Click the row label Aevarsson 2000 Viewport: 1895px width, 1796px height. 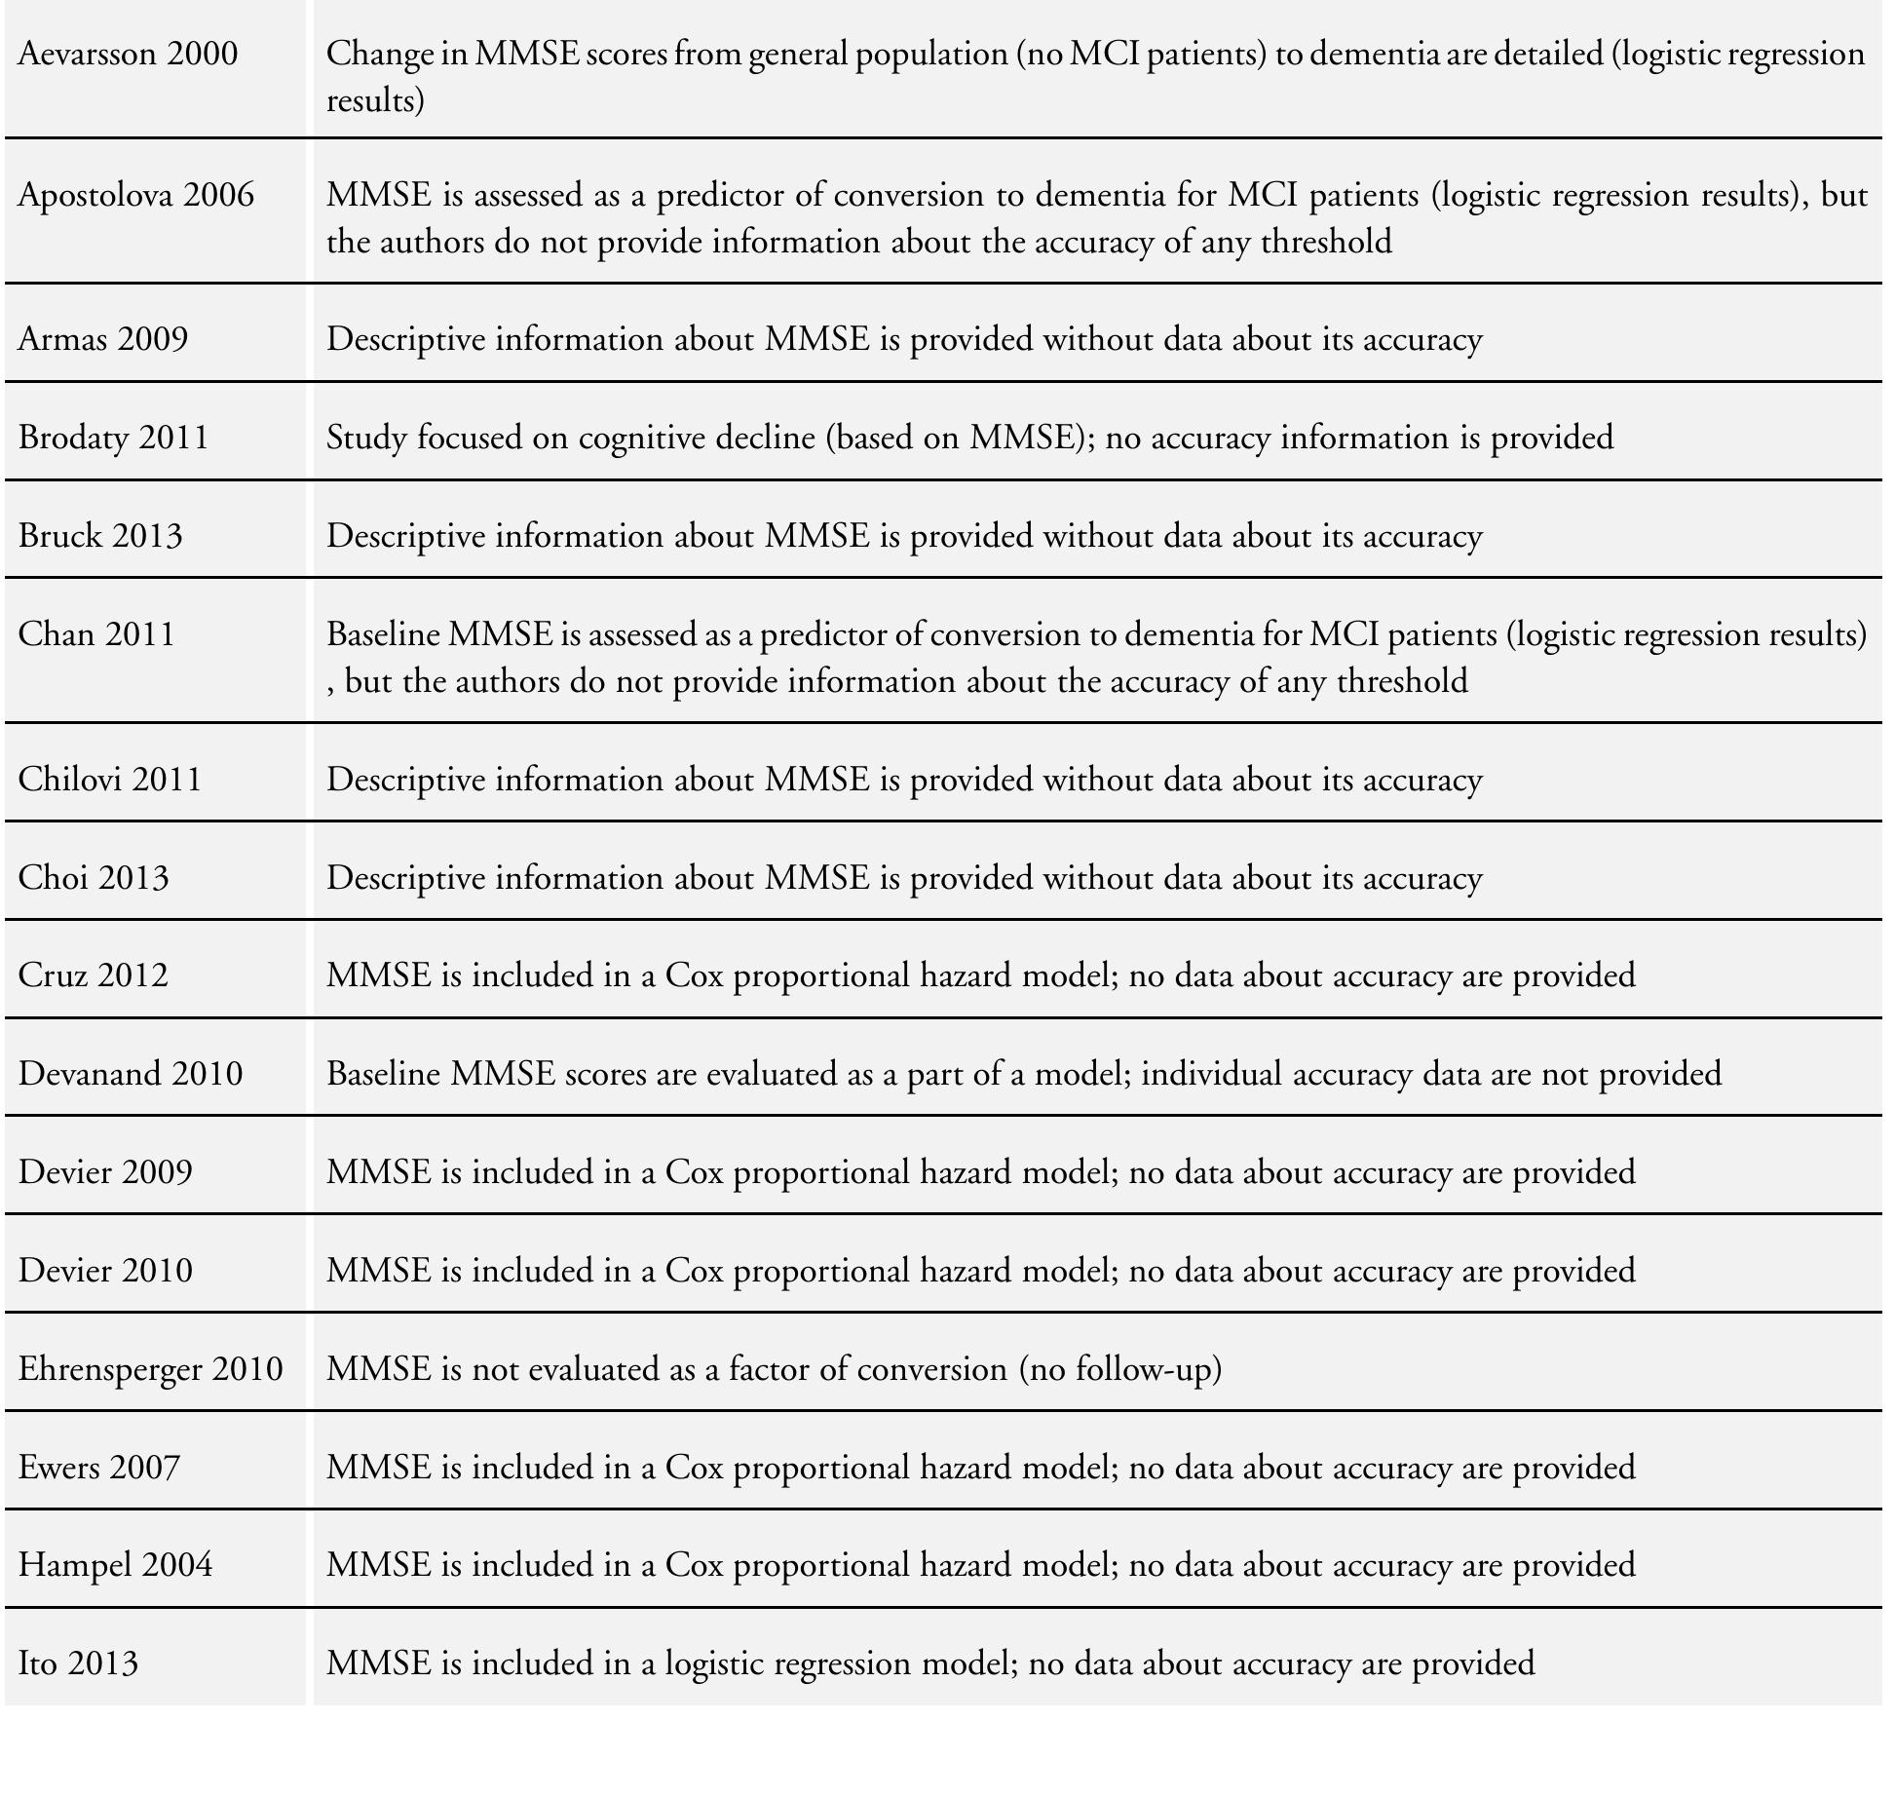(x=128, y=54)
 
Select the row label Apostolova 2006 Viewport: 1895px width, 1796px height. (x=135, y=195)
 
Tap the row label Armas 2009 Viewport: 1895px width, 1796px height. (x=102, y=339)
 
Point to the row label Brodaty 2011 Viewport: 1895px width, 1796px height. (x=113, y=438)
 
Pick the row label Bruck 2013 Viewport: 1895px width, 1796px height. (x=99, y=536)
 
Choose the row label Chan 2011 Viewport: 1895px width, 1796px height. (x=96, y=634)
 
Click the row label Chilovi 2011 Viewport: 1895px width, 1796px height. (x=109, y=780)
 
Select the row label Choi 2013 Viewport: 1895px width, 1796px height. (x=93, y=878)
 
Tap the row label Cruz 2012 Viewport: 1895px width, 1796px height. (x=93, y=975)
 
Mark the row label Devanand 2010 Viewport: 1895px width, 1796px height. (x=130, y=1074)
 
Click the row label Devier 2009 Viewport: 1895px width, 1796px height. (x=105, y=1171)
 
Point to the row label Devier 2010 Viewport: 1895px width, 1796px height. (x=105, y=1271)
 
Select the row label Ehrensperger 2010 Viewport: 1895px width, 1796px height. (x=150, y=1369)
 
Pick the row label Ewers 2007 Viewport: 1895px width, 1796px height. (x=98, y=1468)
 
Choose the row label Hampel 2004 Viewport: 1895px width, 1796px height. (x=115, y=1565)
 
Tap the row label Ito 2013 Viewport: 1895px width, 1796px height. (x=78, y=1663)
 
